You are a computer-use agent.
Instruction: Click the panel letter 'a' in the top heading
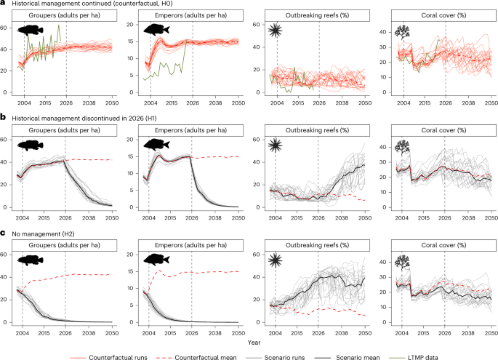[4, 4]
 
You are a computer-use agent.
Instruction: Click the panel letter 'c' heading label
[4, 232]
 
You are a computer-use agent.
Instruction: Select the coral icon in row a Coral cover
[401, 31]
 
